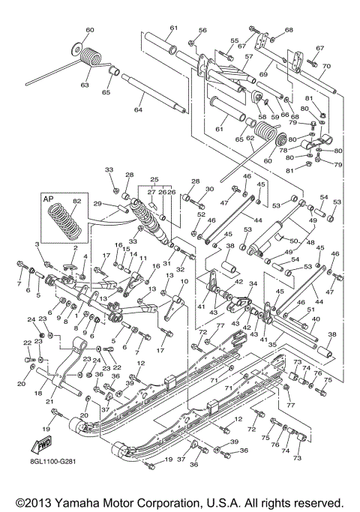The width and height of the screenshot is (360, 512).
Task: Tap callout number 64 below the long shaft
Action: coord(137,110)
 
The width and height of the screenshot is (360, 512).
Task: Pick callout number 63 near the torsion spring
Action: coord(85,85)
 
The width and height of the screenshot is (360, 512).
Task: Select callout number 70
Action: coord(325,66)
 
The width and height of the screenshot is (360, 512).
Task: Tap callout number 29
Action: coord(97,203)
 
